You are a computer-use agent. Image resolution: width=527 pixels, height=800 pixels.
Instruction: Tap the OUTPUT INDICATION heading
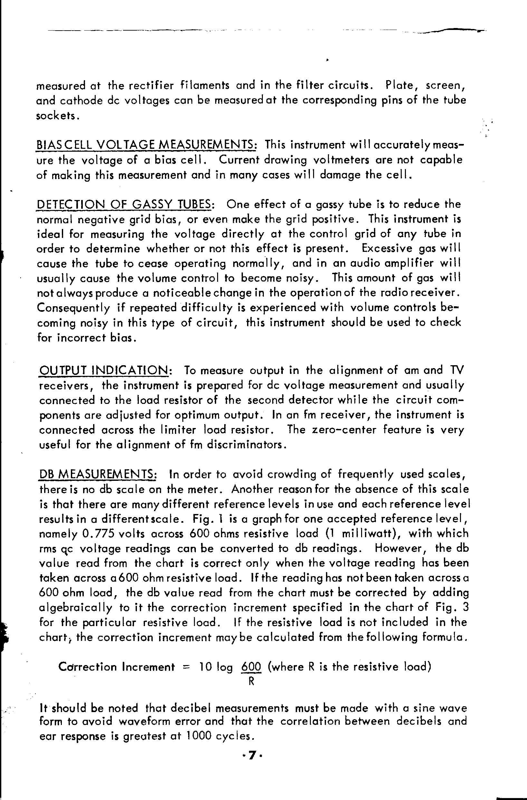point(106,370)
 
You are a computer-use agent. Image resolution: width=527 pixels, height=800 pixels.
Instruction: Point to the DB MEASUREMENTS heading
point(98,474)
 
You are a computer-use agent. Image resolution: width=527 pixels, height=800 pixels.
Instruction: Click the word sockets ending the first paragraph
point(57,116)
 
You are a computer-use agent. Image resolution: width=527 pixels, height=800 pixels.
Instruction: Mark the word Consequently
point(73,308)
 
